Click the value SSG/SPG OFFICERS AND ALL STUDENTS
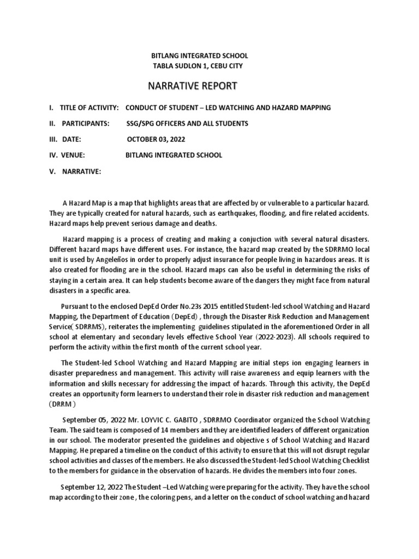[187, 123]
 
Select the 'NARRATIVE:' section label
[81, 171]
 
